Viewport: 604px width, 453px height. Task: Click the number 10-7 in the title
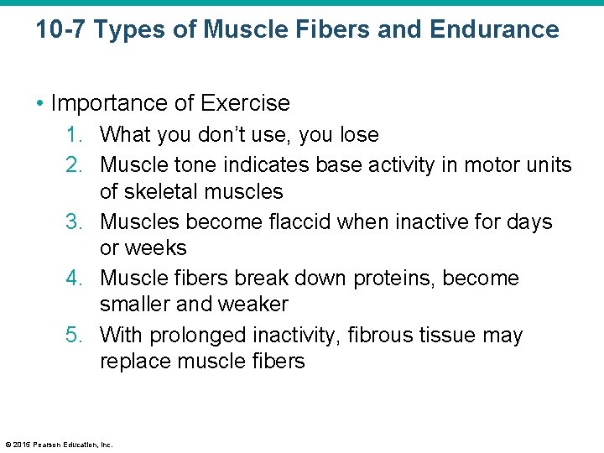pos(60,30)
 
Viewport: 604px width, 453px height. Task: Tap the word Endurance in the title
pos(494,30)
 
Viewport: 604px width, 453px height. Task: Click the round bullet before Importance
pos(42,104)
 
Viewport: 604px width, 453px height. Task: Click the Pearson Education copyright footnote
pos(59,445)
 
